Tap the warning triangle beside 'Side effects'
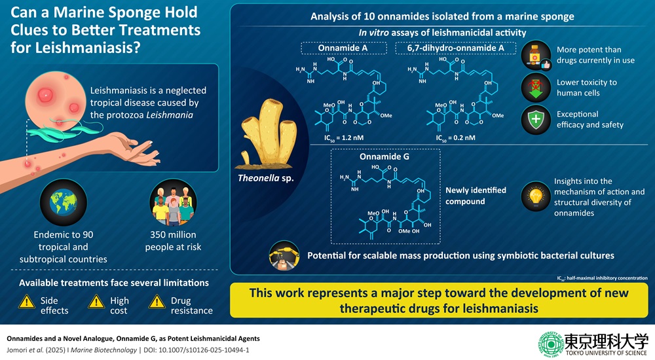27,301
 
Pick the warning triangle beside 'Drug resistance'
157,301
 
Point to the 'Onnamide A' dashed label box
343,48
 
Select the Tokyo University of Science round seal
550,344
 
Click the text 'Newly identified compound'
476,196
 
